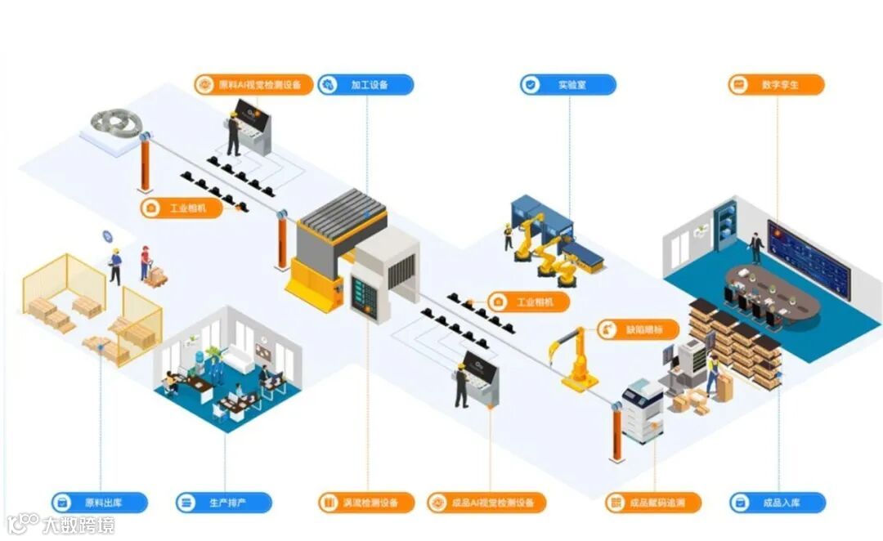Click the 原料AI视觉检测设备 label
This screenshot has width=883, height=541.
pyautogui.click(x=253, y=84)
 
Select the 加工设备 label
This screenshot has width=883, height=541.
pyautogui.click(x=365, y=85)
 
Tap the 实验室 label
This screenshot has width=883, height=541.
pyautogui.click(x=568, y=84)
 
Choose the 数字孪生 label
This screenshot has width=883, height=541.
pyautogui.click(x=776, y=84)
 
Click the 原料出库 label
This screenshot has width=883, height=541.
pyautogui.click(x=99, y=503)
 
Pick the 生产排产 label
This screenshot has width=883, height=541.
pyautogui.click(x=223, y=503)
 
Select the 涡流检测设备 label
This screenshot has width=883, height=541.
pyautogui.click(x=366, y=503)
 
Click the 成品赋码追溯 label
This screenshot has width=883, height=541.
pyautogui.click(x=653, y=503)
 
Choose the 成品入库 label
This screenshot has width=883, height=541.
pyautogui.click(x=778, y=503)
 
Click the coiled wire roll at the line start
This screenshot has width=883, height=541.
pyautogui.click(x=114, y=123)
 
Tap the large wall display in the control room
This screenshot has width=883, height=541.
pyautogui.click(x=809, y=255)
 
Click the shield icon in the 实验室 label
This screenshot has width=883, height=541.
pyautogui.click(x=531, y=84)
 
